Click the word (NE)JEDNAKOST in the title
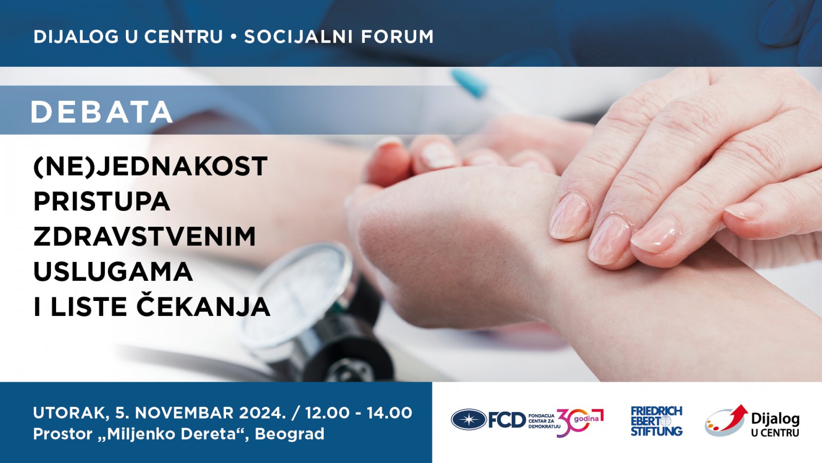[x=151, y=167]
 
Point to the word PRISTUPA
[x=102, y=201]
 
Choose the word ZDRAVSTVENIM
[x=144, y=236]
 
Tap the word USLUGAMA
[x=113, y=272]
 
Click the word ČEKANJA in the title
[x=203, y=305]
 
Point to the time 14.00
[x=389, y=413]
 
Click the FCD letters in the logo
[x=507, y=420]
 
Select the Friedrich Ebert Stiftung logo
[x=656, y=421]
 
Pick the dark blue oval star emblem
[x=469, y=419]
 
